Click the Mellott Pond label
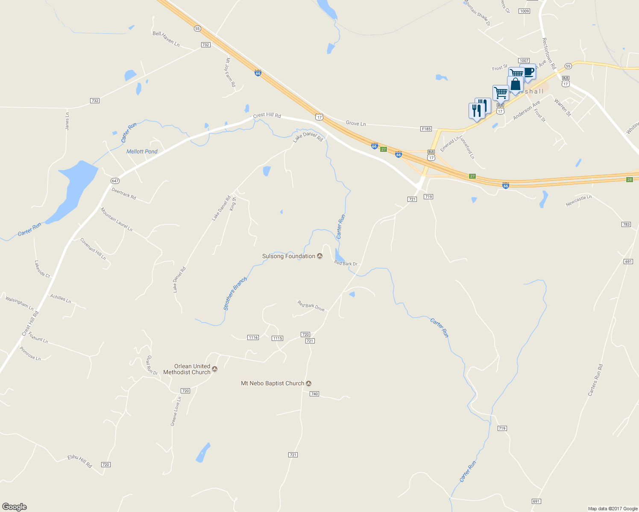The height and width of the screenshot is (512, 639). coord(142,151)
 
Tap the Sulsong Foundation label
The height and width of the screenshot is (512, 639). coord(289,256)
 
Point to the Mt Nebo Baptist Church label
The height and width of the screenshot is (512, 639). coord(273,384)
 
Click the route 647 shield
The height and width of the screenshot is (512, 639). coord(115,181)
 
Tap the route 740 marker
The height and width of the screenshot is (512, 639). coord(314,394)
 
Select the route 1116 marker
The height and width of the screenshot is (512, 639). coord(253,337)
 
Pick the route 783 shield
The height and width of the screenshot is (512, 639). coord(626,224)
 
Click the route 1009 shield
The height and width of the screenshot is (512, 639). coord(525,11)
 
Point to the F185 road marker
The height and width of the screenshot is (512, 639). coord(426,129)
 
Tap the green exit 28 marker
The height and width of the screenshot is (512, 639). coord(629,180)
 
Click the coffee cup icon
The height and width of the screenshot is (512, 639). coord(529,71)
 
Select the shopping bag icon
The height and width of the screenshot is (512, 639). coord(516,84)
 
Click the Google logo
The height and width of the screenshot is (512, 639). coord(15,507)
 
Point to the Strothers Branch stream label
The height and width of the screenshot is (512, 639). coord(235,294)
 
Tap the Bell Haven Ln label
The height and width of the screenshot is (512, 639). coord(166,39)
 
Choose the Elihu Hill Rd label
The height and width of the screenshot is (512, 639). coord(80,461)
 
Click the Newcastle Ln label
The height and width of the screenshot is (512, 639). coord(578,200)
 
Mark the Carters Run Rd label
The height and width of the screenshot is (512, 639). coord(595,380)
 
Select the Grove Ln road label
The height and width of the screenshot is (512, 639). coord(356,123)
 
